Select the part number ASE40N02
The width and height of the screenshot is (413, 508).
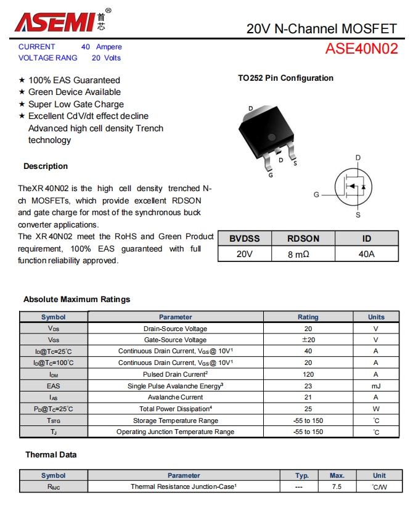click(361, 49)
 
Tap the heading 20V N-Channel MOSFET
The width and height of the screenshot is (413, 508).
click(321, 28)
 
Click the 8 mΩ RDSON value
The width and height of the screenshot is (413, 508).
click(303, 253)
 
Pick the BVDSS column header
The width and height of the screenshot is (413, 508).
click(245, 239)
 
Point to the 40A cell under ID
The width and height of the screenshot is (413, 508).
click(366, 253)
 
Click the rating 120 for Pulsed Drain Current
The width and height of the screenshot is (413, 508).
click(308, 374)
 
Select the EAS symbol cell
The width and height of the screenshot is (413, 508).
click(53, 386)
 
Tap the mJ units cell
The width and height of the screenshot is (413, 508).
click(375, 386)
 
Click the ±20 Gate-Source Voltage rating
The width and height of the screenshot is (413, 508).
click(308, 340)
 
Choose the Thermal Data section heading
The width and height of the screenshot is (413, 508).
click(51, 455)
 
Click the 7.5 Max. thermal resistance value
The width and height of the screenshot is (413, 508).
click(337, 486)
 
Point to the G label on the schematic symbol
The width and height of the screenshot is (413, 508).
click(316, 195)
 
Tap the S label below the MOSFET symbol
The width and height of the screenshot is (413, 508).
click(358, 215)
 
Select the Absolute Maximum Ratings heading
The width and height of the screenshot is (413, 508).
click(77, 300)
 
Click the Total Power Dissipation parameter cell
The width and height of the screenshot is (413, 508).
click(176, 409)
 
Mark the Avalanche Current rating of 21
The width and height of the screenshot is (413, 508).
click(308, 398)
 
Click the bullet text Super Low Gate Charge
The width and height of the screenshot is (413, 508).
click(76, 104)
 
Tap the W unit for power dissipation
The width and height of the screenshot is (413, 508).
click(375, 409)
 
